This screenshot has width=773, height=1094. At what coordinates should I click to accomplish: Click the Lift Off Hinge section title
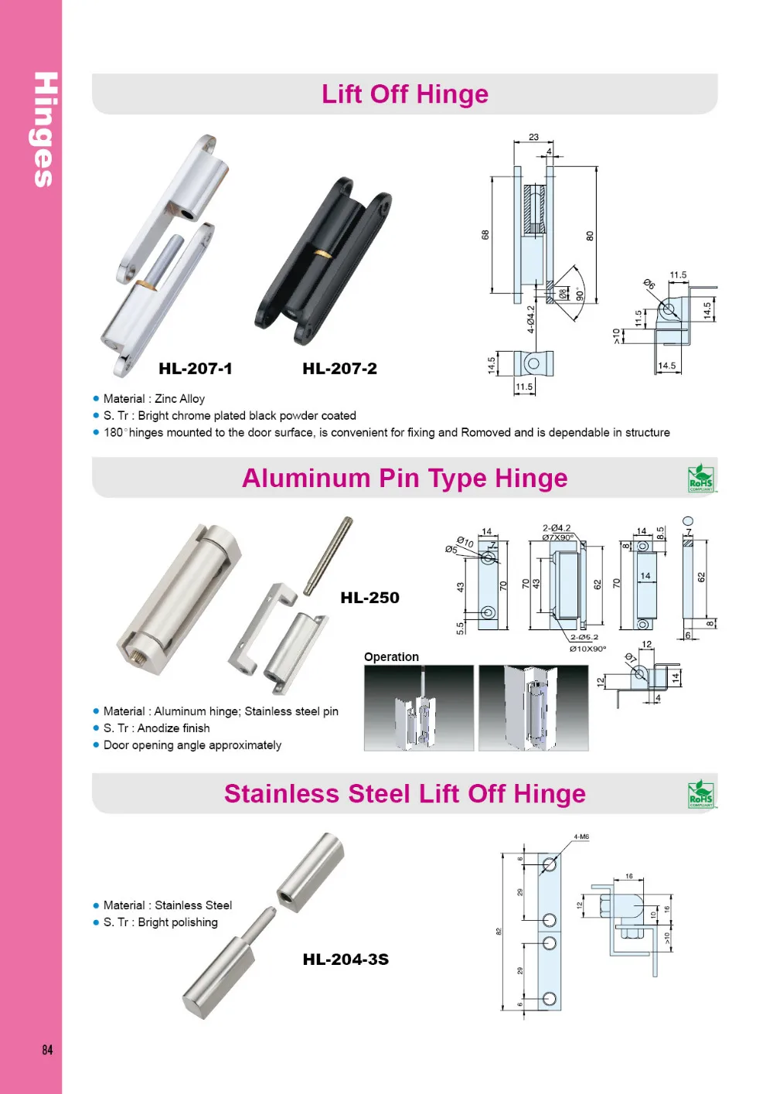click(x=405, y=94)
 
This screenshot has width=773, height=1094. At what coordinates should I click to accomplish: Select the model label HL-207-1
click(x=195, y=369)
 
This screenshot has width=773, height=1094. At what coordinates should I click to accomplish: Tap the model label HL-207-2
click(x=339, y=369)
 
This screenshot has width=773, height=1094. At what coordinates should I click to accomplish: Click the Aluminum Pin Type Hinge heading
click(x=404, y=479)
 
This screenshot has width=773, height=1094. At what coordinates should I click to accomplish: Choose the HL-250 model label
click(x=369, y=598)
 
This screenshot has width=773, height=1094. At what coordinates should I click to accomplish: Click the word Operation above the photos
click(x=391, y=657)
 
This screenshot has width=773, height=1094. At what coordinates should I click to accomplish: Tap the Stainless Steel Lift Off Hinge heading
click(x=404, y=794)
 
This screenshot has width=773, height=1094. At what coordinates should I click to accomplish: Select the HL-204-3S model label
click(x=346, y=959)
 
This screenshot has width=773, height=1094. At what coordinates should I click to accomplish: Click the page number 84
click(x=47, y=1049)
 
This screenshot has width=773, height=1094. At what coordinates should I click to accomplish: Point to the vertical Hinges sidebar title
click(x=45, y=130)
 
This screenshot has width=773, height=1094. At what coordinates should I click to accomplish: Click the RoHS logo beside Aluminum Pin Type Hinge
click(x=701, y=479)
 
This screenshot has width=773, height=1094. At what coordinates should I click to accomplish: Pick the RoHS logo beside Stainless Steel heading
click(x=701, y=794)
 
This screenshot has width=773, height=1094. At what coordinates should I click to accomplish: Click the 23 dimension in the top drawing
click(x=533, y=137)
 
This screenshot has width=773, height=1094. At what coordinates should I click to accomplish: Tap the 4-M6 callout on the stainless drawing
click(x=581, y=837)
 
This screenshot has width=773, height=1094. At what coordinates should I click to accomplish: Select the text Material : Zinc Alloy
click(x=154, y=399)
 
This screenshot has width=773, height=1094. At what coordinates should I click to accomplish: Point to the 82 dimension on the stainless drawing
click(x=499, y=931)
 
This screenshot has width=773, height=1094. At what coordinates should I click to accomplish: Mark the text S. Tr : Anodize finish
click(x=156, y=728)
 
